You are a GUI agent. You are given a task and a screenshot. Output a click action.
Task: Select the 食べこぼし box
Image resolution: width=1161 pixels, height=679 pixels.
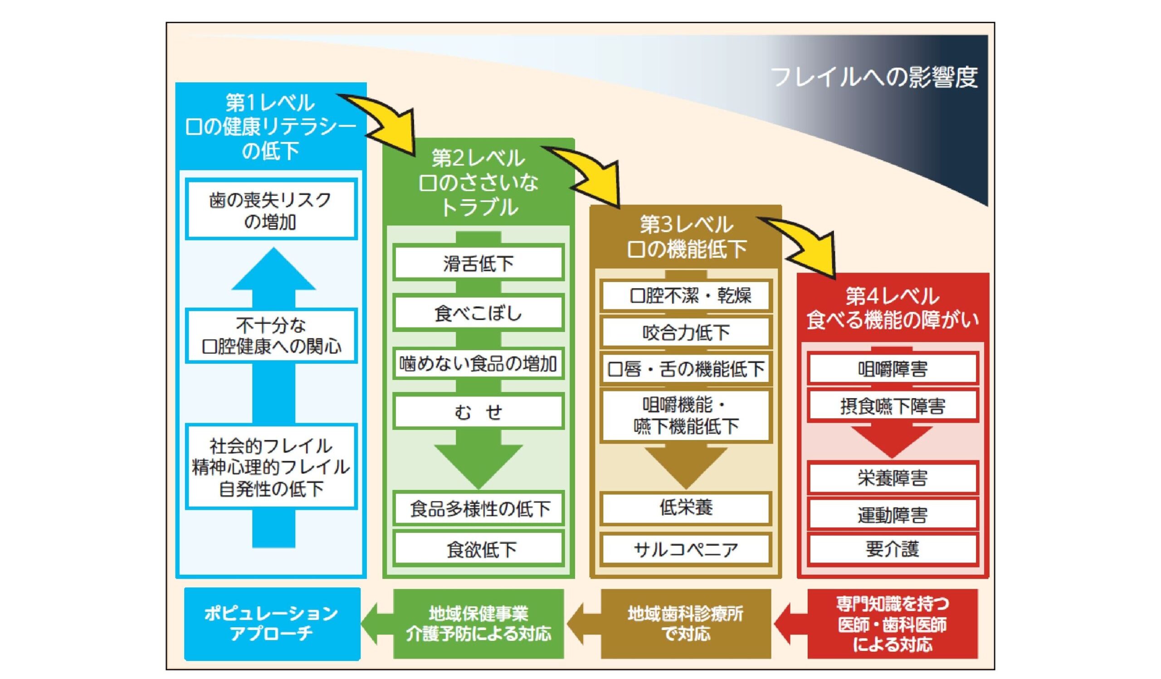(x=478, y=313)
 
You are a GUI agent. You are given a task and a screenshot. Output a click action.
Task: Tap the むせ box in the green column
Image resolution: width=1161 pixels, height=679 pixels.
(x=478, y=411)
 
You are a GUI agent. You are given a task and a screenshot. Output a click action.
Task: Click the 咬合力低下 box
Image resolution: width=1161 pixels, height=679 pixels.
(x=686, y=332)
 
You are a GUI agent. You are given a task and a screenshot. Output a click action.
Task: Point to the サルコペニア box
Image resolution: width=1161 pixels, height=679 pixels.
(x=686, y=549)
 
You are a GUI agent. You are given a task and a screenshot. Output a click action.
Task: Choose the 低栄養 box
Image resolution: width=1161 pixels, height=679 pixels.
(x=686, y=508)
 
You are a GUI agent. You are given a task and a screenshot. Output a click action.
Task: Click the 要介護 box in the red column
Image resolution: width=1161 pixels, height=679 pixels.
(x=893, y=549)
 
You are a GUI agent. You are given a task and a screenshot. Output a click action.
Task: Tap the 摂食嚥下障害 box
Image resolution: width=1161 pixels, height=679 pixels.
(x=893, y=406)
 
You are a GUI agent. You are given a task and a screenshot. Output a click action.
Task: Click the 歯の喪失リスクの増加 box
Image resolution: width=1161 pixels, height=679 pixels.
(x=271, y=210)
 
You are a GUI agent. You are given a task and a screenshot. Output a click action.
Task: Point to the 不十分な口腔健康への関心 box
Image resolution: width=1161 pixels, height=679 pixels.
(x=271, y=336)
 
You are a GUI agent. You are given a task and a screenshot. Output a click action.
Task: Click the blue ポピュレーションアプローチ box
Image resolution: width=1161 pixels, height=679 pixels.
(x=272, y=623)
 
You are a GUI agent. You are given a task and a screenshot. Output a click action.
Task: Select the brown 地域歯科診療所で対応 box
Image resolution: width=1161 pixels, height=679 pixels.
(x=686, y=623)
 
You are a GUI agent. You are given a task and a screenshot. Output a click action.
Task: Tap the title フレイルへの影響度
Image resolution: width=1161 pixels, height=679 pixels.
(x=874, y=77)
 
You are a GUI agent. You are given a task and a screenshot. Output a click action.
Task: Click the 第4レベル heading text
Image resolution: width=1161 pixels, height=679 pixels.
(x=893, y=296)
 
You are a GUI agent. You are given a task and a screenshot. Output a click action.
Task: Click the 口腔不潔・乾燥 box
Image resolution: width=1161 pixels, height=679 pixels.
(x=686, y=295)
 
